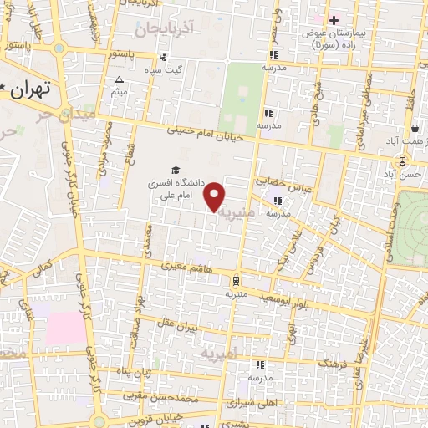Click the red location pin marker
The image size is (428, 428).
(x=216, y=196)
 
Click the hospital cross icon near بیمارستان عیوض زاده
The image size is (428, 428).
(x=334, y=19)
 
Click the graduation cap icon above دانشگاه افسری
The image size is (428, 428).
(x=175, y=170)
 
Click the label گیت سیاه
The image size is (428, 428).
(x=164, y=69)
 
